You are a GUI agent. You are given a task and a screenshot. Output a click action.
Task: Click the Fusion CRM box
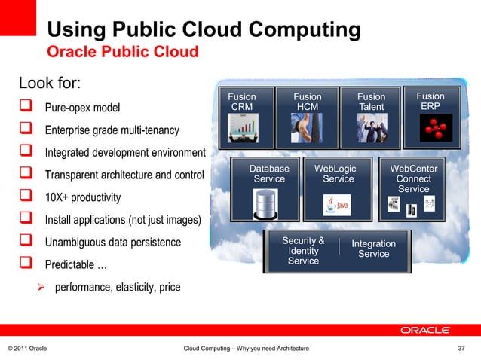(x=243, y=117)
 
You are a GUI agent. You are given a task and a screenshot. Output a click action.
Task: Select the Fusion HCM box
(x=307, y=117)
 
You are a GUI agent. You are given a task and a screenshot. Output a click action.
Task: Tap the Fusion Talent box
(x=370, y=117)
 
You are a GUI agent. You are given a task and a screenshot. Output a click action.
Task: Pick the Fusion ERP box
(x=430, y=117)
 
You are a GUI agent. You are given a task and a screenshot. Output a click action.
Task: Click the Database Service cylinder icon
(x=265, y=203)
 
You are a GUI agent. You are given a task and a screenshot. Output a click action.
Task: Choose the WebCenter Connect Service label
(x=413, y=179)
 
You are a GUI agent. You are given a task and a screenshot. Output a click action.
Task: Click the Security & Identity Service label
(x=303, y=251)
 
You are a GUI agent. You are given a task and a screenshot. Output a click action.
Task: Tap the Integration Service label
(x=373, y=249)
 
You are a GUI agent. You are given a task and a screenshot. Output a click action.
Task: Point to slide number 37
(x=462, y=348)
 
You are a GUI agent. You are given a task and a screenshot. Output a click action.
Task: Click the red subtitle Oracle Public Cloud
(x=123, y=52)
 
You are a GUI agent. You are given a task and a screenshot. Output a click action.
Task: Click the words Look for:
(x=50, y=81)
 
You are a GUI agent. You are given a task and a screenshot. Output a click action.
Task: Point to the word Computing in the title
(x=293, y=31)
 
